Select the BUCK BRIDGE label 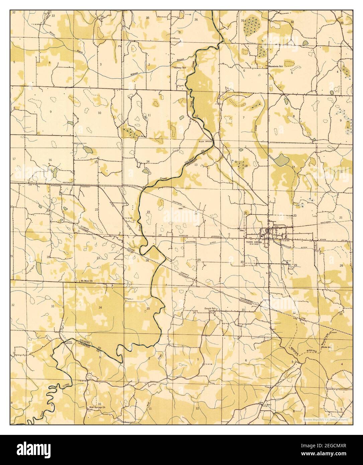(206, 142)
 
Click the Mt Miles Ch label (86, 281)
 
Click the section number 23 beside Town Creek (148, 212)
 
